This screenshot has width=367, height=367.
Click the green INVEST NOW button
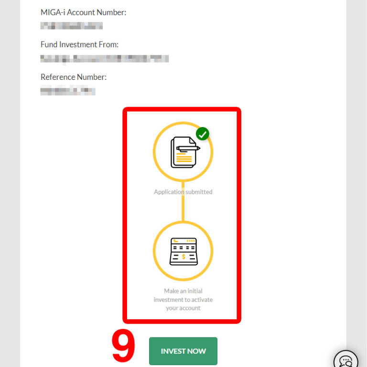point(183,351)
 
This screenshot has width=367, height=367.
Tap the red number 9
point(123,348)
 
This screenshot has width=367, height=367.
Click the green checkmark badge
point(203,134)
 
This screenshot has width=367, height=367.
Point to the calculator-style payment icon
point(183,251)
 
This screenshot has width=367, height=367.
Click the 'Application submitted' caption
point(183,192)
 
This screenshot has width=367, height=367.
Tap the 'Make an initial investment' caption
point(183,300)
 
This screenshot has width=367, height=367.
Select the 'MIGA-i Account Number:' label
point(83,13)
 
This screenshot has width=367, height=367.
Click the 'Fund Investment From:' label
point(79,44)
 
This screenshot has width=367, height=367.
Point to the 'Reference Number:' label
point(74,77)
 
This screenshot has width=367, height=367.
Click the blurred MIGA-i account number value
point(72,26)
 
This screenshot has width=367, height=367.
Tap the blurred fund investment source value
point(104,59)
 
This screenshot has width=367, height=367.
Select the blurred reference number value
point(68,90)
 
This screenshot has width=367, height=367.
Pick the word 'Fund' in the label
point(49,44)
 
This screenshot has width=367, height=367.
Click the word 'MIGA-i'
point(53,13)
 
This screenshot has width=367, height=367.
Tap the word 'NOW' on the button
point(196,351)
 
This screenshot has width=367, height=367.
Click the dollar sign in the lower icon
point(184,257)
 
